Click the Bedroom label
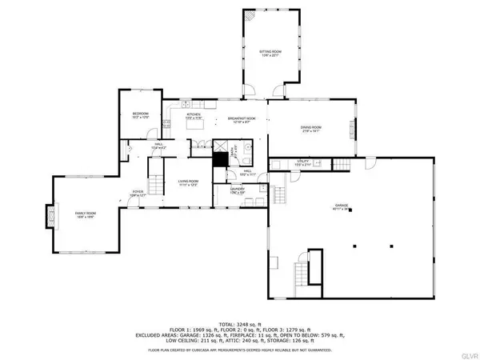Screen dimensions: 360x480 tap(140, 114)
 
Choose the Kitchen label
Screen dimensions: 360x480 tap(194, 115)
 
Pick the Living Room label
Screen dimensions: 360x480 tap(189, 182)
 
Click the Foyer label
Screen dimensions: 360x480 tap(138, 192)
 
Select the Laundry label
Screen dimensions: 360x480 tap(237, 190)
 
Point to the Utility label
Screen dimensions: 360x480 tap(302, 162)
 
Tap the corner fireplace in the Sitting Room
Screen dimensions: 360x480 tap(250, 15)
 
